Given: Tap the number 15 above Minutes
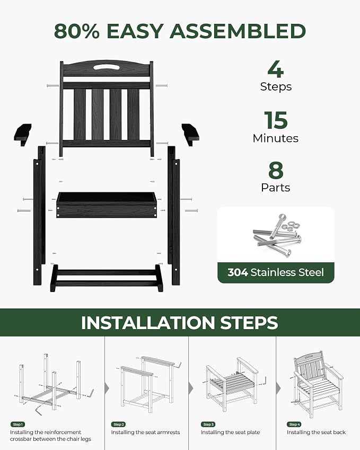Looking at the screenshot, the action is (276, 120).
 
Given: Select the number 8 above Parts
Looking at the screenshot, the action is (276, 170).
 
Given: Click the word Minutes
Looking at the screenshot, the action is (276, 138).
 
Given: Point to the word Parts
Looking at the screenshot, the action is (276, 188).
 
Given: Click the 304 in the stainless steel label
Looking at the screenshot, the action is (238, 272).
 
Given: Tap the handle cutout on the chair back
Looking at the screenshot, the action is (107, 67).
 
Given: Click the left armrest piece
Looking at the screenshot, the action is (23, 134).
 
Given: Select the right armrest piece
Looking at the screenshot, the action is (190, 134).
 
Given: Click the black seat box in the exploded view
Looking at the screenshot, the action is (107, 205).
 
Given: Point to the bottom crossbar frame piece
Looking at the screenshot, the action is (107, 278).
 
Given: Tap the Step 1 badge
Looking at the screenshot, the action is (17, 425).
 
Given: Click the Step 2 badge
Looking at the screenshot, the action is (119, 425).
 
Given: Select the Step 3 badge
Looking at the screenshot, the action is (208, 425).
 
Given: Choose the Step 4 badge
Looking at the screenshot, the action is (294, 425).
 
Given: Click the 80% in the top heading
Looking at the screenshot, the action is (77, 31).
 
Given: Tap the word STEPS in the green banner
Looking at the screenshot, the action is (249, 323).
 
